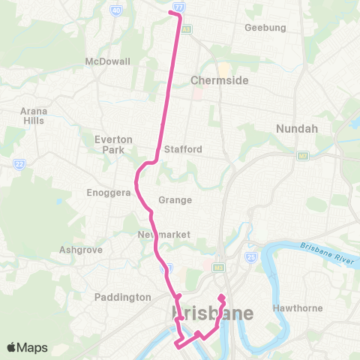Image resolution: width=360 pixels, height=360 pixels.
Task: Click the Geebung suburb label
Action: pos(265,28)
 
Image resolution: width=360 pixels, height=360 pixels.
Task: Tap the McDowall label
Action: pos(108,61)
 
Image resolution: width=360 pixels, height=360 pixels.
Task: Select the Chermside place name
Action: pos(219,80)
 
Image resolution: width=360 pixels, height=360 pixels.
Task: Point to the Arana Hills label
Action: pos(33,115)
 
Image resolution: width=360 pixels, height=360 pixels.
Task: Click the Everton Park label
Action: pos(114,144)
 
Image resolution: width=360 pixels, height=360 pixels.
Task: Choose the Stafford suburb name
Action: pos(183,149)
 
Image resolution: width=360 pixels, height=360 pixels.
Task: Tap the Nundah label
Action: pos(297,129)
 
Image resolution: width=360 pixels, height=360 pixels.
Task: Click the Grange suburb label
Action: pos(175,200)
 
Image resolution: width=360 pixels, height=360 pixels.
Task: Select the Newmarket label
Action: pos(164,235)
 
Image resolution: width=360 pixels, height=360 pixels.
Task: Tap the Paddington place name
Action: pos(123,297)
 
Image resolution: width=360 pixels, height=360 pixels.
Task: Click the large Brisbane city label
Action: pos(213,312)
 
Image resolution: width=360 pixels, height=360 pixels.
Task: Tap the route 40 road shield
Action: pos(115,10)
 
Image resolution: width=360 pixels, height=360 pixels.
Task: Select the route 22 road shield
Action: pos(18,163)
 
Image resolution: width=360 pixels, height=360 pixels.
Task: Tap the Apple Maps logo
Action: pos(27,347)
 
